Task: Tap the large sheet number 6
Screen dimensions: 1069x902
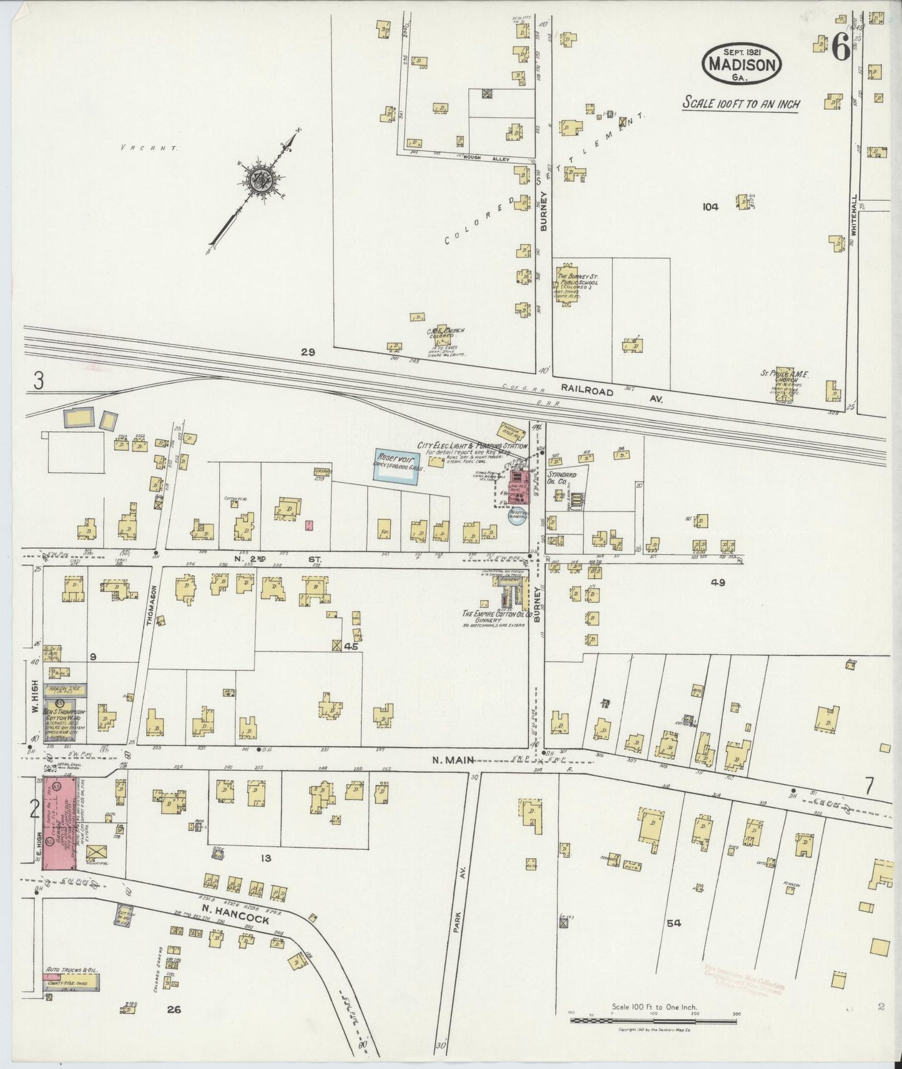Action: pos(840,48)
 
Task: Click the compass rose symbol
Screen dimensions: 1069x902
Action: pos(258,181)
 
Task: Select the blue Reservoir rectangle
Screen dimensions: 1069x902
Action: pos(395,465)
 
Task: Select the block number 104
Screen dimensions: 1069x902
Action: pos(710,206)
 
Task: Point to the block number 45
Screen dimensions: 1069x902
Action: pos(351,647)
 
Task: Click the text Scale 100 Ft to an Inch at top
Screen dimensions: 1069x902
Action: pos(741,104)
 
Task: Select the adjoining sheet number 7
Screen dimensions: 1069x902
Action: pos(869,787)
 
